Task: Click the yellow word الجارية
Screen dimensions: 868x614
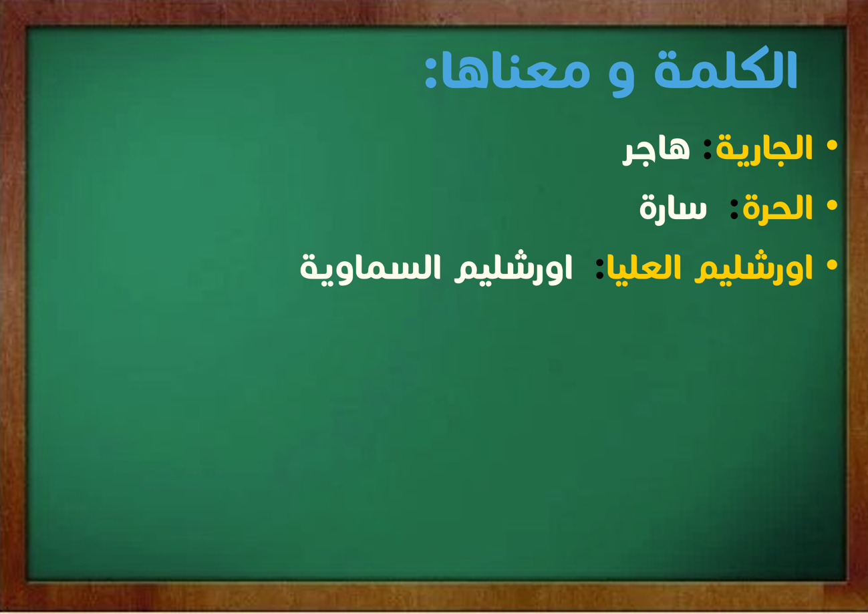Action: [764, 150]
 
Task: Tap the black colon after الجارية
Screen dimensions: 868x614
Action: [707, 149]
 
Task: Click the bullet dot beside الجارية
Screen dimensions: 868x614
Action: [831, 146]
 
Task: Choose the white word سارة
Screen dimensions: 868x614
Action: [674, 209]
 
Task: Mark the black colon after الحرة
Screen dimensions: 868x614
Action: [734, 210]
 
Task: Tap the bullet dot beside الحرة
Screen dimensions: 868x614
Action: [831, 205]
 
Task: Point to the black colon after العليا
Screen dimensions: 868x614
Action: [599, 269]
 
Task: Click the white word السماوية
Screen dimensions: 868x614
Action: [370, 270]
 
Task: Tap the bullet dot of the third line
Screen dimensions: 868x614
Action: [831, 265]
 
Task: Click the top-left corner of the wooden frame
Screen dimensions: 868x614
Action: [0, 0]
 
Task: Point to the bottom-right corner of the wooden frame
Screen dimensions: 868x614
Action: [867, 611]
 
